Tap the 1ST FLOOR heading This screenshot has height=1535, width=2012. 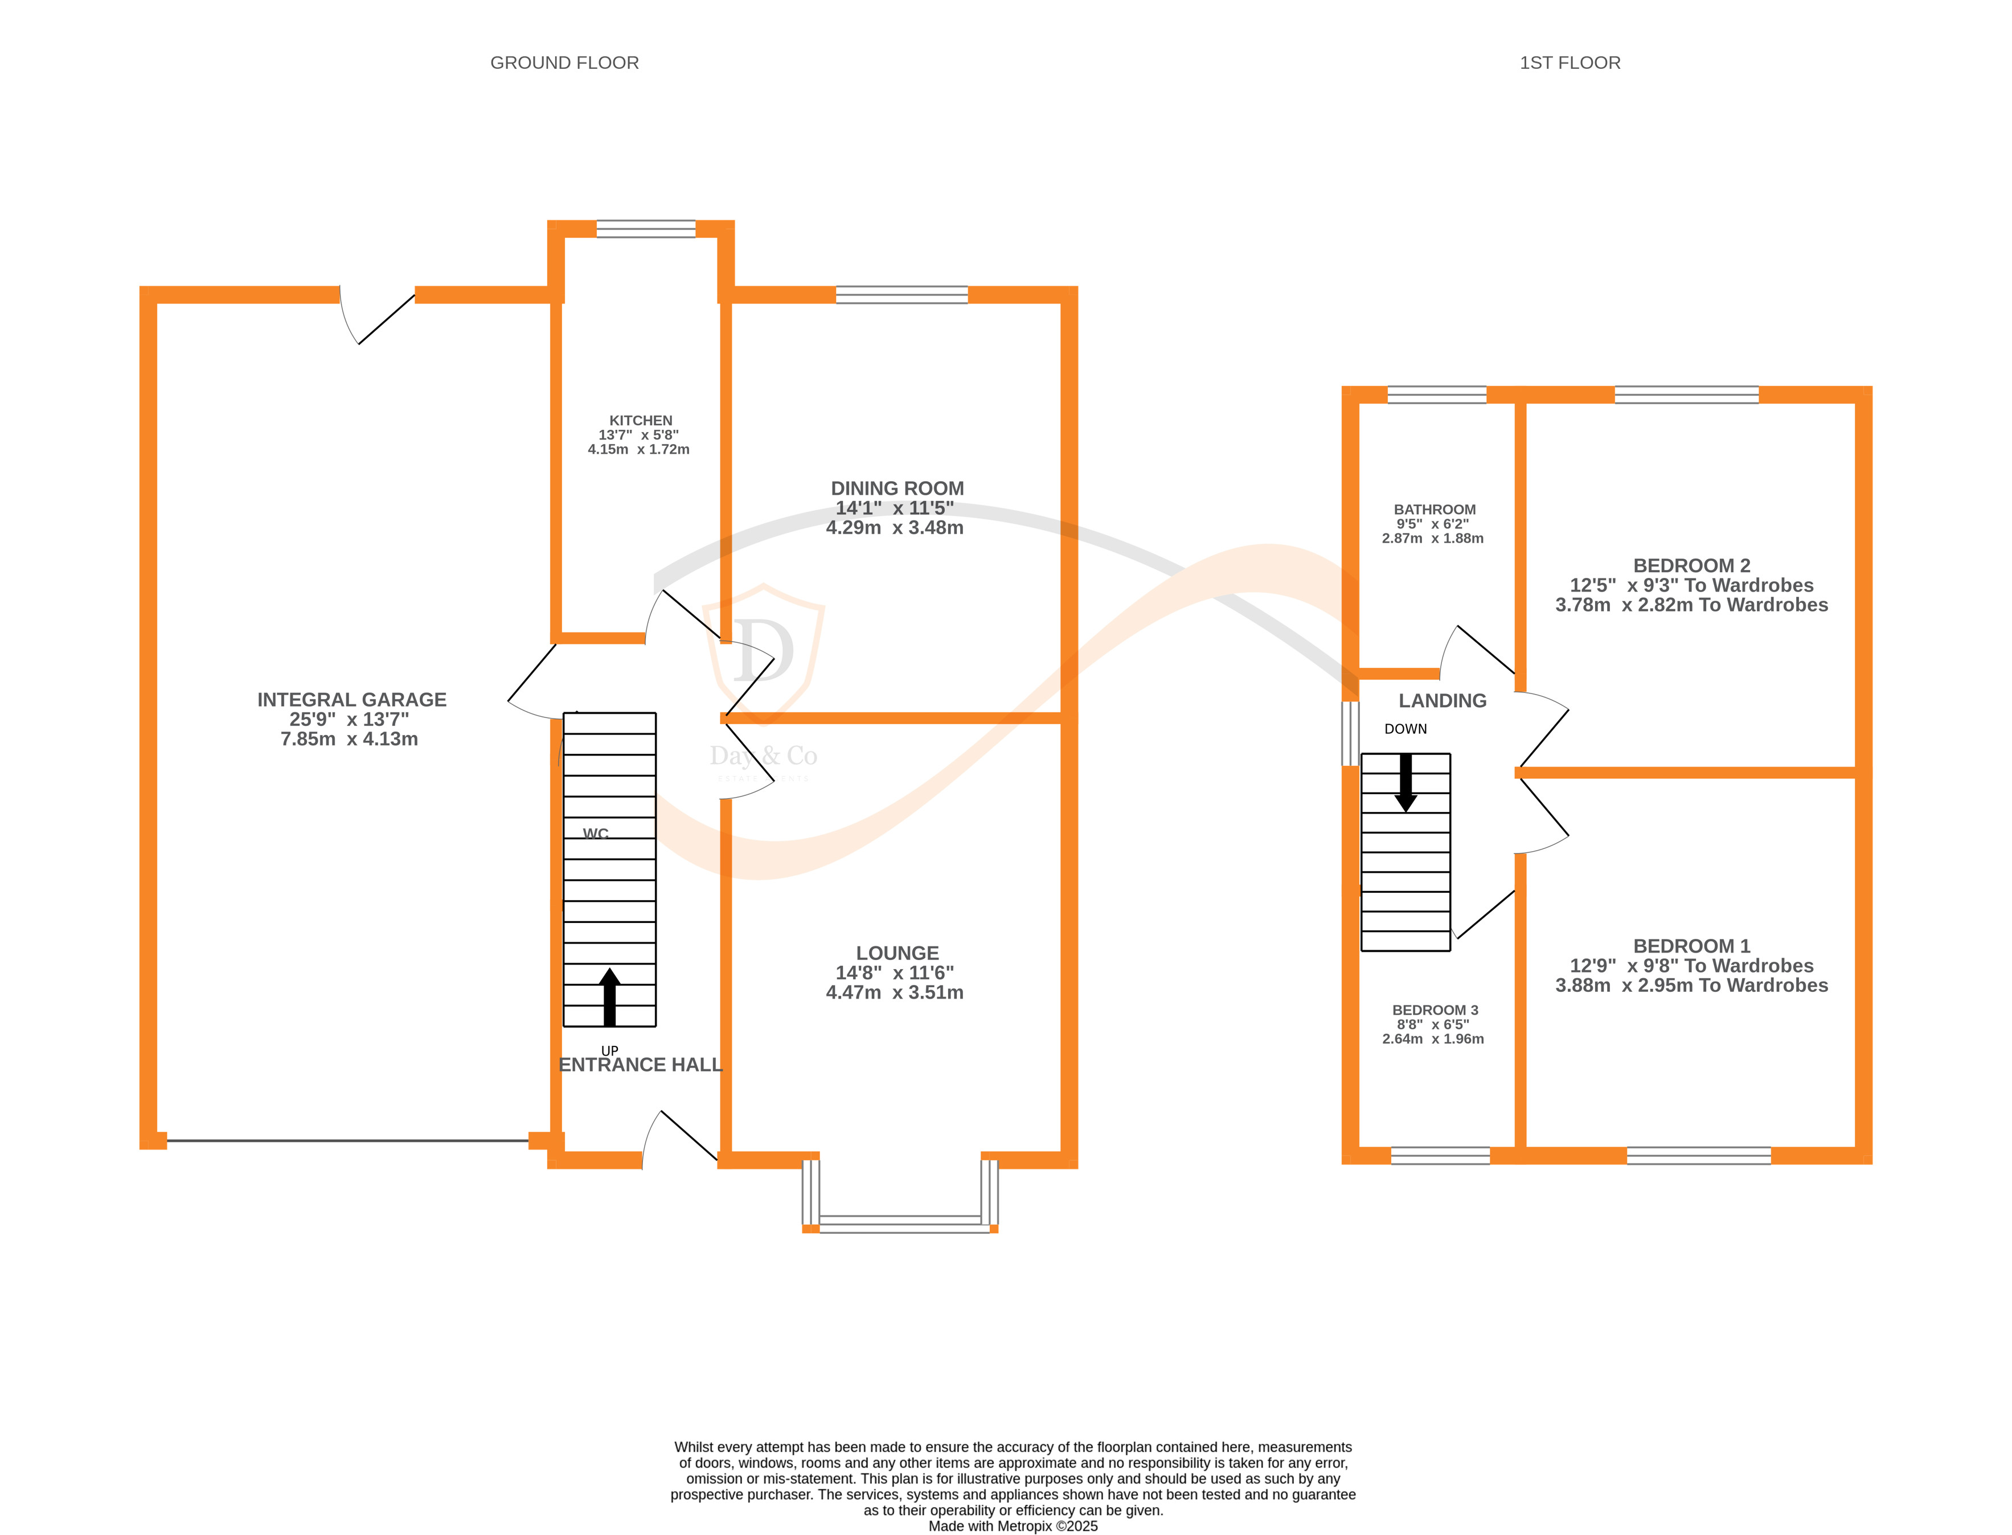pos(1569,63)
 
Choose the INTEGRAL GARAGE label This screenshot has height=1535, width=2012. pos(352,700)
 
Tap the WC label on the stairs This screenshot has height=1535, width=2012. pos(596,834)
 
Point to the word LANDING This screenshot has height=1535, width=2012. pos(1442,701)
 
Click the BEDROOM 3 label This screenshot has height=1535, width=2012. pos(1435,1009)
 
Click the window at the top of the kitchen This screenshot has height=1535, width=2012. pos(646,228)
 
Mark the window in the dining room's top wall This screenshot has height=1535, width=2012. pos(902,294)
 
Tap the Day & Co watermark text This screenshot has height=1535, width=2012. pos(763,756)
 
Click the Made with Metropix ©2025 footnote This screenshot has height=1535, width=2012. pos(1013,1526)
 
